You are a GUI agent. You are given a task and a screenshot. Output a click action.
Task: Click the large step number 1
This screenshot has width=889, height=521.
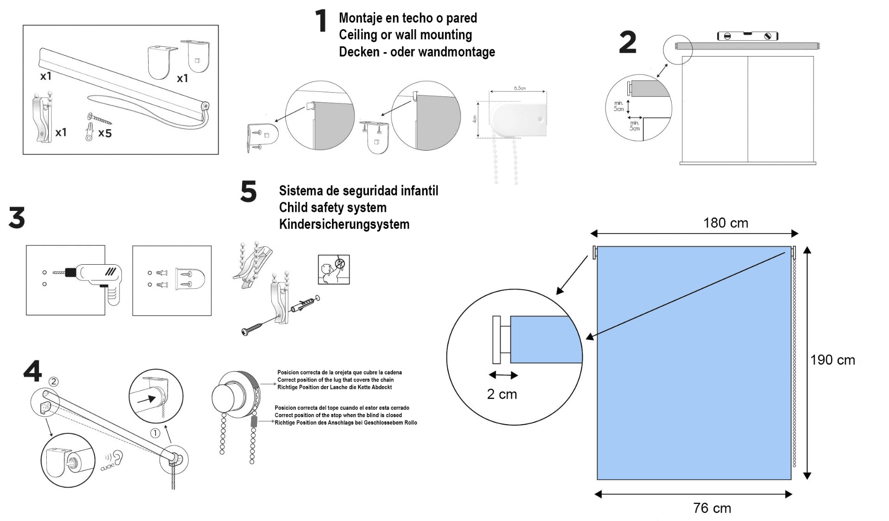pos(321,21)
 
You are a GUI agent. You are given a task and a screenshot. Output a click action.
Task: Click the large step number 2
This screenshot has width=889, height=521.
pos(627,43)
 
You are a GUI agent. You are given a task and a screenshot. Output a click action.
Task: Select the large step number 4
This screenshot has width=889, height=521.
pos(32,371)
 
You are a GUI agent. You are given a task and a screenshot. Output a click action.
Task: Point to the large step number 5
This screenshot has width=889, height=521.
pos(249,191)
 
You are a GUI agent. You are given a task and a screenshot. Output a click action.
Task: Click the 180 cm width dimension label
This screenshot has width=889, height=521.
pos(725,223)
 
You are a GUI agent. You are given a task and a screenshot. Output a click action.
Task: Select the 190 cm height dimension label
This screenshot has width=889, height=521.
pos(832,360)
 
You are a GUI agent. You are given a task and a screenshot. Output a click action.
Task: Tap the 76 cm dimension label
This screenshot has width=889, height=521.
pos(712,508)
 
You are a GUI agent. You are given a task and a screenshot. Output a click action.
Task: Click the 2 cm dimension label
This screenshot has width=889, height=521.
pos(502,394)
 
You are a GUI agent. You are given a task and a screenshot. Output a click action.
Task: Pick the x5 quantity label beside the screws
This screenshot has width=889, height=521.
pos(105,133)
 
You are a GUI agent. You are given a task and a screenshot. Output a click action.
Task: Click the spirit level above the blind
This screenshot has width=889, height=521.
pos(747,36)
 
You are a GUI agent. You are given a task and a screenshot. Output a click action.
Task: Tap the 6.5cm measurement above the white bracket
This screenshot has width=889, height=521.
pos(520,88)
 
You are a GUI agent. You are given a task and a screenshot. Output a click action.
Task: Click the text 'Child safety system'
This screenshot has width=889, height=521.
pos(332,208)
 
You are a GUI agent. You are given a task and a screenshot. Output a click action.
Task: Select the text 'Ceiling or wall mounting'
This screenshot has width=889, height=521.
pos(405,35)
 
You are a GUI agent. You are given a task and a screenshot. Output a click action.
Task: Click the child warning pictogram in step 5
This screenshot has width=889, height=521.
pos(333,269)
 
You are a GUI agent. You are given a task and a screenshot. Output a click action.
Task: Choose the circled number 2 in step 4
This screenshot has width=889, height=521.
pos(54,381)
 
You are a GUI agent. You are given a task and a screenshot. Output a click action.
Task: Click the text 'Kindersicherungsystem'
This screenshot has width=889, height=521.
pos(344,224)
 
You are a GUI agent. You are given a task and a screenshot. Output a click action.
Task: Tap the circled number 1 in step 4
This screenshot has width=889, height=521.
pos(155,433)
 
